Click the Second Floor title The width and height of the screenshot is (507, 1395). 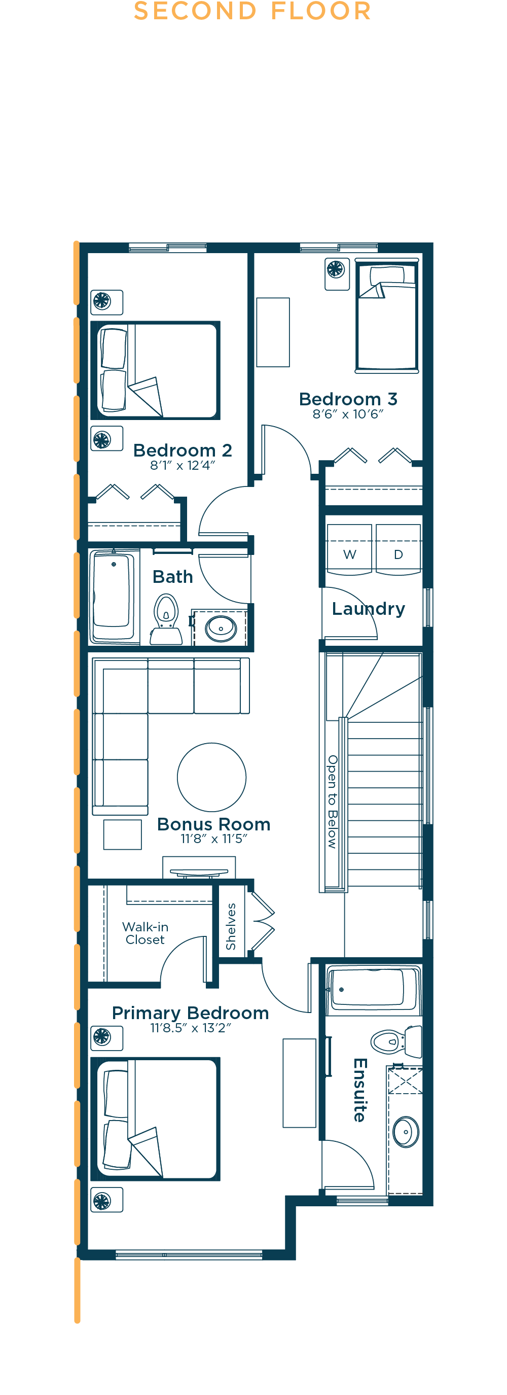pos(252,11)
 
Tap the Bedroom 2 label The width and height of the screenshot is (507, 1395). pos(183,450)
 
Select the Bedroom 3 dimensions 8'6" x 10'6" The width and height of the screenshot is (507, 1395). pos(348,414)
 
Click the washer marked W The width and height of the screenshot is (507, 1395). pos(349,548)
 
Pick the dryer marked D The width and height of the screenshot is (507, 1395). pos(398,548)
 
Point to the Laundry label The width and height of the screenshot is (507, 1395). pos(369,609)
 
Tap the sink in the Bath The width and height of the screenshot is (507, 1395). pos(221,628)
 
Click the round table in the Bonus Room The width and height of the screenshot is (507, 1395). pos(211,777)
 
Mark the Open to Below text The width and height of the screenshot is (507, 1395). pos(332,801)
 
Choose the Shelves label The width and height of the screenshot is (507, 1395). pos(231,927)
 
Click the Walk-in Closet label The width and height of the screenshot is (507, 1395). pos(145,933)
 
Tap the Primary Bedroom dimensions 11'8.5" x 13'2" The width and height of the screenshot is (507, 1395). pos(191,1028)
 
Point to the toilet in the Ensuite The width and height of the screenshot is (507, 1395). pos(396,1041)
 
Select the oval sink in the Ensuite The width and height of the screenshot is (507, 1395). pos(406,1132)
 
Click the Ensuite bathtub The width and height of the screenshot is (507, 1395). pos(373,989)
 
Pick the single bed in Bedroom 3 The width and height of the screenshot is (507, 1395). pos(387,316)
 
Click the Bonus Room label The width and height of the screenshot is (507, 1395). pos(214,824)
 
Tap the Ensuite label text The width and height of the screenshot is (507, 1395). pos(360,1090)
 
